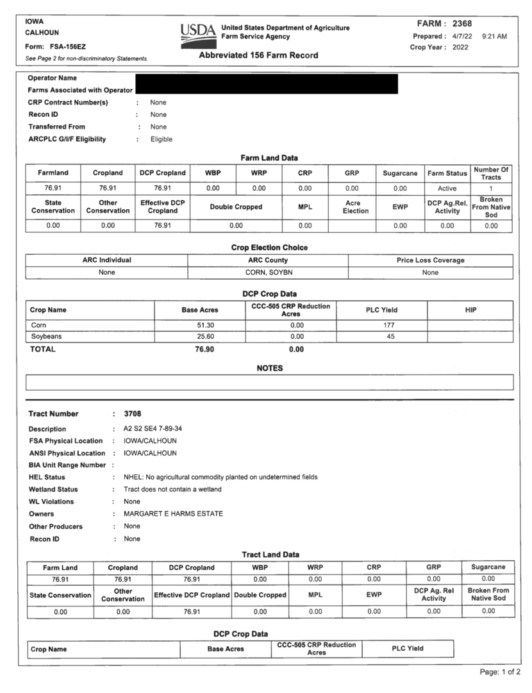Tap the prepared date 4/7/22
461,36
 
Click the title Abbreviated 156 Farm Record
258,55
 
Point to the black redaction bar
267,84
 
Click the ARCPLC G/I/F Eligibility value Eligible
161,139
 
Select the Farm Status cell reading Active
447,189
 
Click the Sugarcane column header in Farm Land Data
400,173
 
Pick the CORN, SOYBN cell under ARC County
268,273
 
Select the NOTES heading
269,368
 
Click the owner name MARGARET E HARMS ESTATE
170,514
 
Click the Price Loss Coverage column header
430,260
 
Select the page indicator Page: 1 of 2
501,672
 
